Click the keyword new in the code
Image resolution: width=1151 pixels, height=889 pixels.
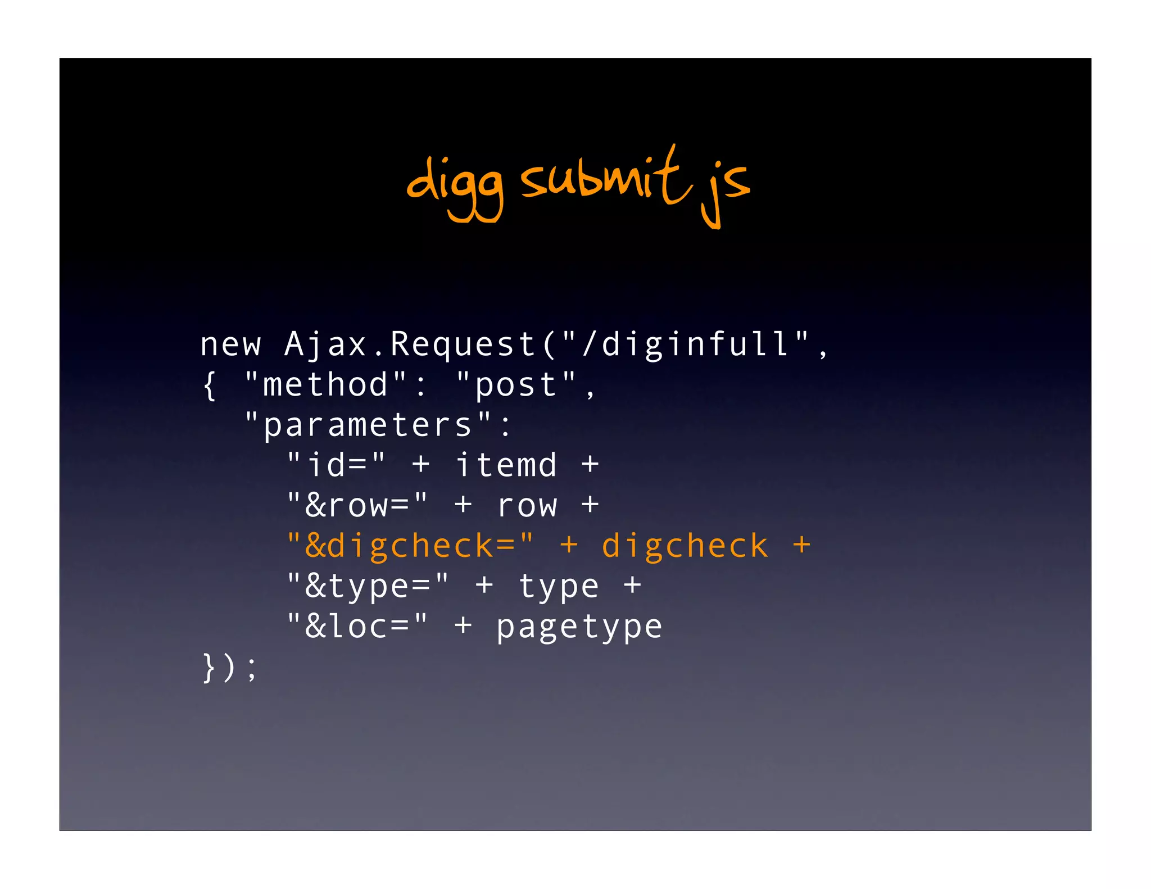click(x=230, y=344)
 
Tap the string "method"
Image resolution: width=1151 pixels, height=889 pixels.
click(x=326, y=385)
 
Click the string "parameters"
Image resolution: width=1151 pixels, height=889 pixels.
click(x=369, y=425)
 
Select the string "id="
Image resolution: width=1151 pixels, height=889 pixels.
click(x=336, y=465)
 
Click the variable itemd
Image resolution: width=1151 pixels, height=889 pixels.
click(x=506, y=465)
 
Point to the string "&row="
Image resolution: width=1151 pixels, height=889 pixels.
click(x=357, y=505)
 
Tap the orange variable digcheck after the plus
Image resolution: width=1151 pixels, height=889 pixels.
click(x=685, y=546)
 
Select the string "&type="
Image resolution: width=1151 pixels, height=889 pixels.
click(x=368, y=586)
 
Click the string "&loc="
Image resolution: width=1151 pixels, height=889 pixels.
click(x=357, y=627)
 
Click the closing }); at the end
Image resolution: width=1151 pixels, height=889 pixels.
click(x=229, y=668)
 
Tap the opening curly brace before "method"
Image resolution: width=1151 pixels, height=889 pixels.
click(x=210, y=385)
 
